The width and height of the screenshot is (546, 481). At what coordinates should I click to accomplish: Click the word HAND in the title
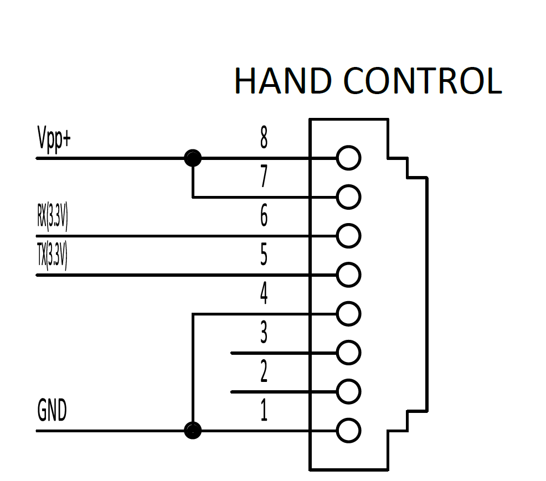[283, 81]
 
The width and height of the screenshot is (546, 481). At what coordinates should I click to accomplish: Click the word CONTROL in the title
[423, 81]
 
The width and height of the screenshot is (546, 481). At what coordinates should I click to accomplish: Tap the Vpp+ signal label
[54, 139]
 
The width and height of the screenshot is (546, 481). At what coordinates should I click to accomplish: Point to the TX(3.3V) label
[52, 256]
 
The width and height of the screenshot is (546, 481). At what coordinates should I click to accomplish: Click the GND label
[52, 410]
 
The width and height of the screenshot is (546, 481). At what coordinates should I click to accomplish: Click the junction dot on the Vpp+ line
[193, 158]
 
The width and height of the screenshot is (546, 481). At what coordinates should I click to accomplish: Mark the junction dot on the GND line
[193, 431]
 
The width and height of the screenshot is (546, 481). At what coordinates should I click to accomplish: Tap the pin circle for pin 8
[348, 146]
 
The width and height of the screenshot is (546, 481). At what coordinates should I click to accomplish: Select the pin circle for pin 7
[348, 185]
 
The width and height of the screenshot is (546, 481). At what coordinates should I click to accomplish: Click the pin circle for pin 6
[348, 224]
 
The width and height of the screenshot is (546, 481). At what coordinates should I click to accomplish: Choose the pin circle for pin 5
[348, 263]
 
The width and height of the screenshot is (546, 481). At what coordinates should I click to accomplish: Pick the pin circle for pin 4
[348, 302]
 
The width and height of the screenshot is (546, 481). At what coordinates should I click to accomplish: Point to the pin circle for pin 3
[348, 341]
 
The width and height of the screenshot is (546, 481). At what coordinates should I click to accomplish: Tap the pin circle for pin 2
[348, 380]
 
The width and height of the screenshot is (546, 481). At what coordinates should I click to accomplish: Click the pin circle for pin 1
[348, 419]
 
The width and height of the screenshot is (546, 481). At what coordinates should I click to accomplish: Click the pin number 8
[264, 137]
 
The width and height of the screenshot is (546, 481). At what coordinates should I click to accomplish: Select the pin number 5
[264, 255]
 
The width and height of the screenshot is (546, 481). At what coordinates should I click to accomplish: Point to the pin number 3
[264, 333]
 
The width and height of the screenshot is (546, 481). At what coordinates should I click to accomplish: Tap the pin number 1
[264, 410]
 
